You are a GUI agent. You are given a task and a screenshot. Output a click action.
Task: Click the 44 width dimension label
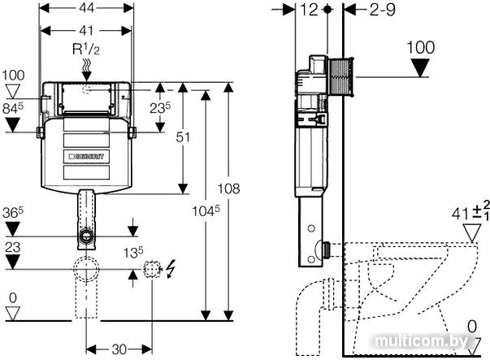[x=86, y=8]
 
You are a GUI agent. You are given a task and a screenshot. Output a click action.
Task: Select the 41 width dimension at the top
[x=86, y=31]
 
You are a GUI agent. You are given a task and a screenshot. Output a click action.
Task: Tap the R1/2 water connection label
[x=86, y=50]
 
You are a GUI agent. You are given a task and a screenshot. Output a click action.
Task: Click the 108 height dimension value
[x=229, y=189]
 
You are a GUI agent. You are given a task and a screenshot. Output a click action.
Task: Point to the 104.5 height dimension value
[x=206, y=211]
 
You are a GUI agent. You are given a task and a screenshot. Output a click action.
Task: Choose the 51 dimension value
[x=183, y=137]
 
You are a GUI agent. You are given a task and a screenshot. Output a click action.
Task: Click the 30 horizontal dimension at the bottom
[x=119, y=349]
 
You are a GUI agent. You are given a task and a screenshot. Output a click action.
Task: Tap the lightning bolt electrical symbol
[x=171, y=269]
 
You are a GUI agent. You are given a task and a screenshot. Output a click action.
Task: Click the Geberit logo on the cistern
[x=86, y=156]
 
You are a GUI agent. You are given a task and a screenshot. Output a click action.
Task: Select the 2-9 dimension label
[x=383, y=10]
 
